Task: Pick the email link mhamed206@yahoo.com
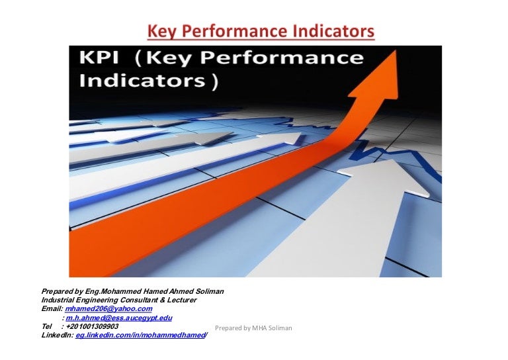pos(109,309)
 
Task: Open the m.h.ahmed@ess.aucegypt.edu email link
pos(119,318)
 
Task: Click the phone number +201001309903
pos(92,327)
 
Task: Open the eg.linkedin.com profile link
pos(142,336)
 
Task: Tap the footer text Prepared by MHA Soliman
pos(254,328)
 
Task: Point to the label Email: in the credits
pos(52,309)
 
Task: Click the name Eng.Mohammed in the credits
pos(112,291)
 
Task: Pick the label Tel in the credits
pos(46,327)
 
